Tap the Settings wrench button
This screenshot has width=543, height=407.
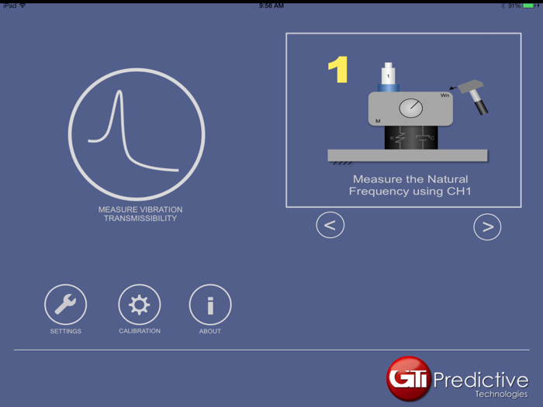(65, 305)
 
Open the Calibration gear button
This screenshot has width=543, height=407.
(140, 305)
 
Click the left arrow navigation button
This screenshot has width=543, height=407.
(330, 226)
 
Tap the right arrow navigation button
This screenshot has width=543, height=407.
(487, 226)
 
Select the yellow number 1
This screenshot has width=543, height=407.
(338, 70)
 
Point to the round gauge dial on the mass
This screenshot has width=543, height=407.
(411, 109)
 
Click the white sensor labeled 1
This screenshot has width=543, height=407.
(388, 76)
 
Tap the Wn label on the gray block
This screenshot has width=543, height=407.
(444, 95)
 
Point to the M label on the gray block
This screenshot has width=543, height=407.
(378, 121)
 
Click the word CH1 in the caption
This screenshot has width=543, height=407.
(458, 191)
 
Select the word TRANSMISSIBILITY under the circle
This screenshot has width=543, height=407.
(140, 219)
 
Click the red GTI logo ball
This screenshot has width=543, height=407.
(409, 378)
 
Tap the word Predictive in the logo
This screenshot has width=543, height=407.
(481, 380)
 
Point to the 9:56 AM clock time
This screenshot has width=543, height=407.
(271, 5)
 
